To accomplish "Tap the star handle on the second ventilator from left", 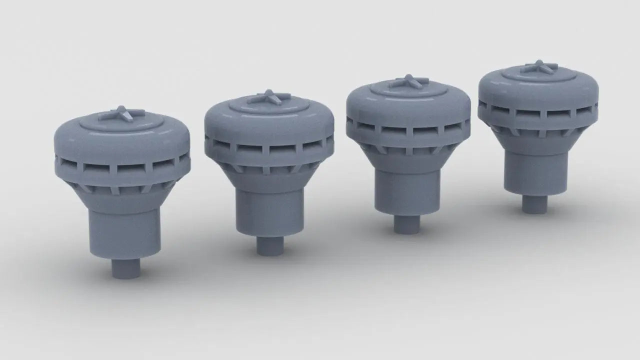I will coord(269,97).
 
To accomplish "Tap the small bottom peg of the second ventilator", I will coord(270,245).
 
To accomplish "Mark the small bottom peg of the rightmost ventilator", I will coord(534,203).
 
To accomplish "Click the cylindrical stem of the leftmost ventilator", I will coord(125,232).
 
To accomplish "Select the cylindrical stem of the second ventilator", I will coord(270,211).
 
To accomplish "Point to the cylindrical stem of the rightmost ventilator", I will coord(535,173).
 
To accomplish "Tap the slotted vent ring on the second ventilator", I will coord(268,148).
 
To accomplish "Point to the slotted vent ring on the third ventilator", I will coord(407,131).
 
